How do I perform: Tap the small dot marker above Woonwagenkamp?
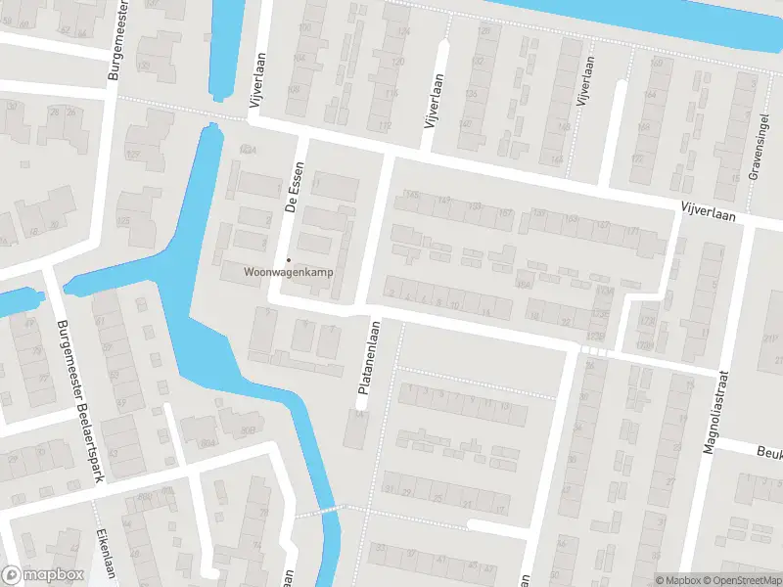point(288,259)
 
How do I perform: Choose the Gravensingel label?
point(756,157)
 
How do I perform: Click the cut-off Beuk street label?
point(768,452)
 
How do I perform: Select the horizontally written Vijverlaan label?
point(710,206)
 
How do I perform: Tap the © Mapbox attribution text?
point(679,579)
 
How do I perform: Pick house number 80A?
point(207,443)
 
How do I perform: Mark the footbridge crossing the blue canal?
point(316,511)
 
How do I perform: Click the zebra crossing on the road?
point(593,349)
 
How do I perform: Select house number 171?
point(633,231)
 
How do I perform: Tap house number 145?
point(411,197)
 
